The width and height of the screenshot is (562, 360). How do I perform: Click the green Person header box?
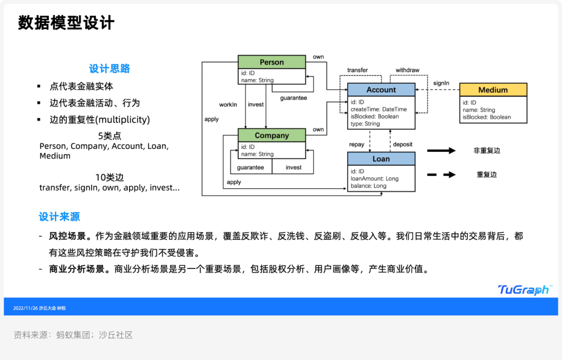272,62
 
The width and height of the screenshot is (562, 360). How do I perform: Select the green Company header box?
272,135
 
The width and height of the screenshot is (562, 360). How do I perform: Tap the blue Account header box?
381,89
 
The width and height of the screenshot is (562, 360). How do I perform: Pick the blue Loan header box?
381,159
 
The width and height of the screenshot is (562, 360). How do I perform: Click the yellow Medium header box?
493,90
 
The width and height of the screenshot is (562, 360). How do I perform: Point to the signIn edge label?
441,83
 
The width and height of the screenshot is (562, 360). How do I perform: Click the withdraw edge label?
407,70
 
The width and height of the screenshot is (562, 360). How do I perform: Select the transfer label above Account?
357,70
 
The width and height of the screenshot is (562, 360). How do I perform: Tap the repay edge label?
356,144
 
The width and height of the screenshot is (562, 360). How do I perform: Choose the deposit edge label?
403,144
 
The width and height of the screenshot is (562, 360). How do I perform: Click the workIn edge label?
228,105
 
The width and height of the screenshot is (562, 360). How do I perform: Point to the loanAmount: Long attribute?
374,178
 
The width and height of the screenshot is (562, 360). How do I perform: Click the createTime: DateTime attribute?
378,109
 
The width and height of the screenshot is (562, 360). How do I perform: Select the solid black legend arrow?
441,151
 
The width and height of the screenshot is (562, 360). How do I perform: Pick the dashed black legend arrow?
441,175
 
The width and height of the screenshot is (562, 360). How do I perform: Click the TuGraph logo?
523,290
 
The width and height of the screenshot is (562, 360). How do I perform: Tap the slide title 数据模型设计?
66,23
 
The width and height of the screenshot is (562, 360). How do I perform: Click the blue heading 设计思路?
109,69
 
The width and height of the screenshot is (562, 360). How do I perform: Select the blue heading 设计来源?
59,216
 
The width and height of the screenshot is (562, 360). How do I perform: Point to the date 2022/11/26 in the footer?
25,308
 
